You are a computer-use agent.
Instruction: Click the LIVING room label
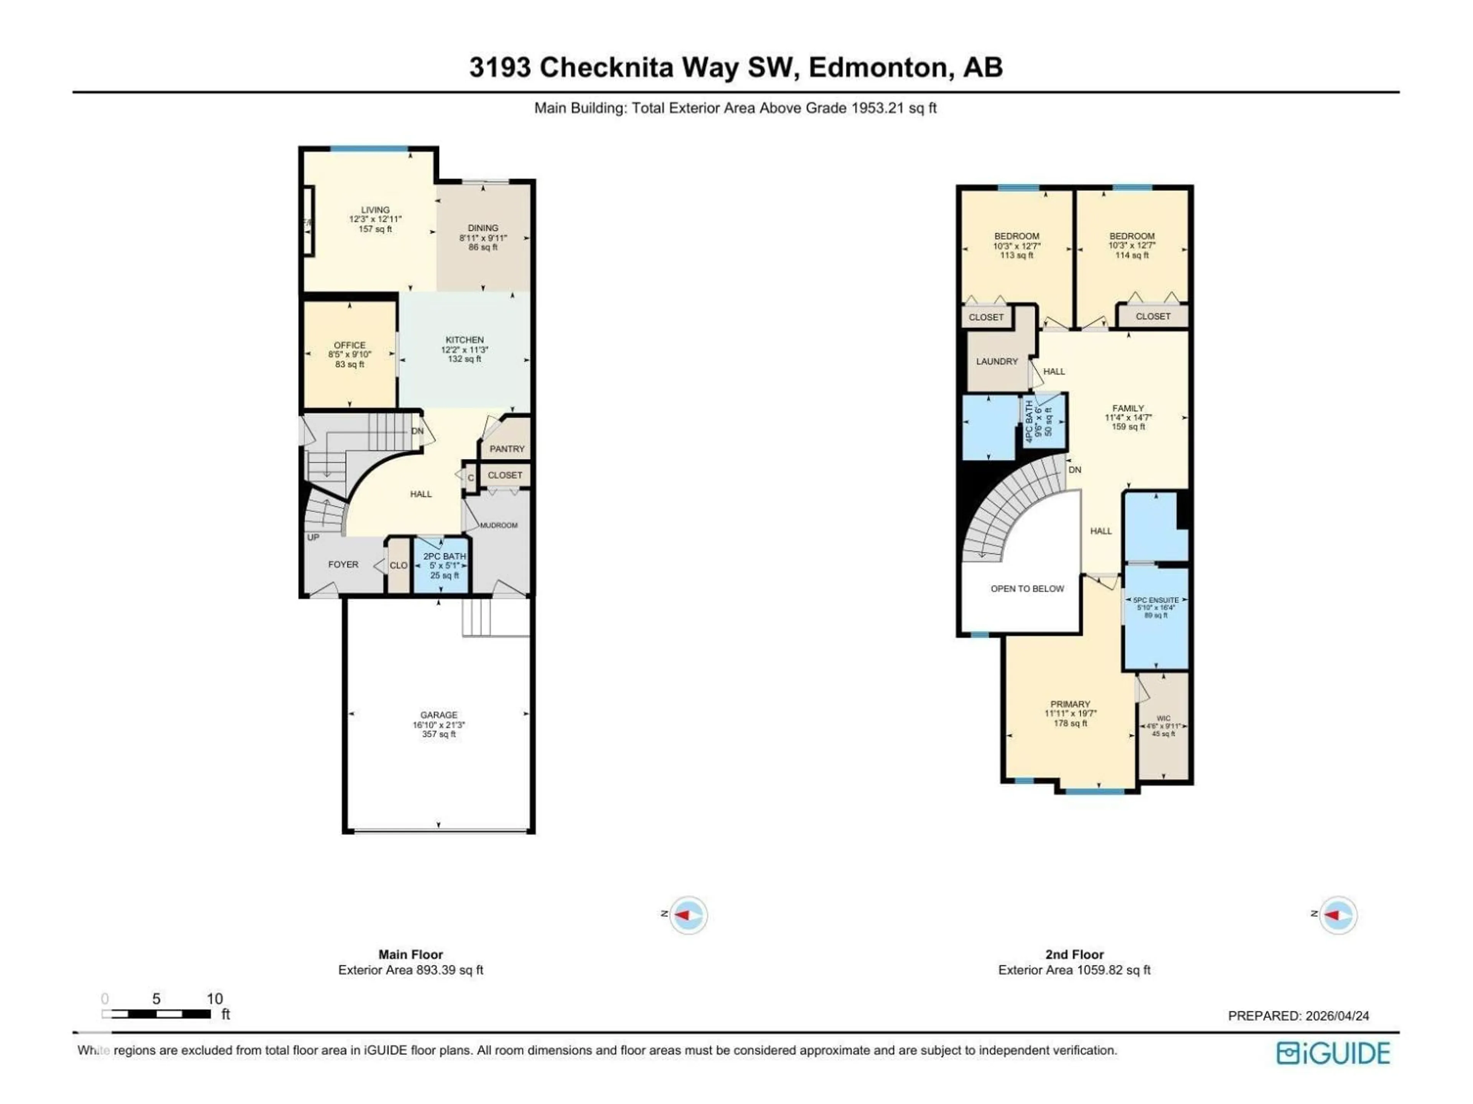click(x=375, y=210)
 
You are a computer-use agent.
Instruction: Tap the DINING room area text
click(x=483, y=247)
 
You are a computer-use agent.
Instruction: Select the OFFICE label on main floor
click(x=349, y=345)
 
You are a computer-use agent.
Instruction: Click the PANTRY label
click(x=507, y=449)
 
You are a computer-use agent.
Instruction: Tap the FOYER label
click(x=343, y=564)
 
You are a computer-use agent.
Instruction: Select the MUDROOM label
click(x=498, y=525)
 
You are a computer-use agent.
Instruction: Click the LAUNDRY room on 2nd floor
click(x=997, y=361)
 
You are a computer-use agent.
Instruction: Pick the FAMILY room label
click(x=1128, y=408)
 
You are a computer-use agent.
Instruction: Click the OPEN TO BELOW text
click(x=1027, y=588)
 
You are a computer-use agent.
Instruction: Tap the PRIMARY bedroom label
click(x=1070, y=704)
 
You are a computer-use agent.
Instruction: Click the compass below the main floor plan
click(x=688, y=915)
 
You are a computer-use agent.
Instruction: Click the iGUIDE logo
click(x=1333, y=1053)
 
